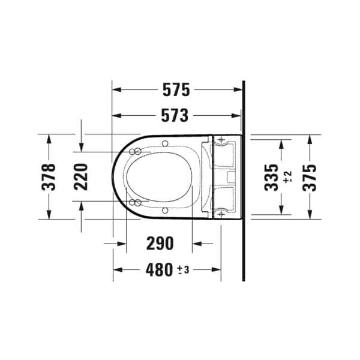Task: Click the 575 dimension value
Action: (x=176, y=89)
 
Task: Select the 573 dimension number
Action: (x=175, y=115)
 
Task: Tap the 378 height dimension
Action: (x=49, y=177)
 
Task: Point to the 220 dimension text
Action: (x=81, y=177)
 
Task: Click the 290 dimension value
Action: (x=160, y=244)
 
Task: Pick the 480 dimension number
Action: (x=159, y=270)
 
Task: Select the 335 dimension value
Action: (x=271, y=178)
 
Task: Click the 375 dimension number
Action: (x=309, y=178)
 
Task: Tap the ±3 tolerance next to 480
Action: (x=183, y=270)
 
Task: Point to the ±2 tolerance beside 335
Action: (x=287, y=177)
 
